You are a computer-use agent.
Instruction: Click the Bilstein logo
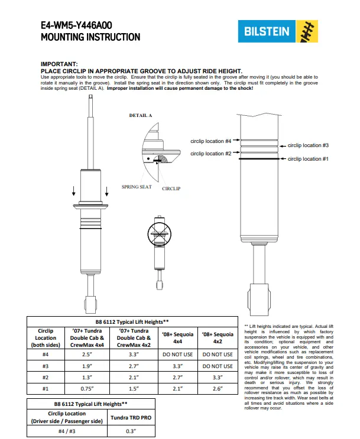[x=278, y=31]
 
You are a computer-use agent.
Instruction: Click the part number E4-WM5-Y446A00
[x=76, y=25]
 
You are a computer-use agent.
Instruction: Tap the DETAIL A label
[x=140, y=115]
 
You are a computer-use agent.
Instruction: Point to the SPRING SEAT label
[x=137, y=187]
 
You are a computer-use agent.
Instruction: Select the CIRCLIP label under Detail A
[x=171, y=188]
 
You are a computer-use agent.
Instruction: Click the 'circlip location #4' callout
[x=210, y=141]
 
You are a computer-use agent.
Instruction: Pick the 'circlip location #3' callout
[x=308, y=145]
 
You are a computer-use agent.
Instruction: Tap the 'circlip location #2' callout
[x=210, y=154]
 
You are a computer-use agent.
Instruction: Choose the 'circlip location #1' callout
[x=308, y=159]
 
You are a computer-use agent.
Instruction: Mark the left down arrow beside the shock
[x=74, y=191]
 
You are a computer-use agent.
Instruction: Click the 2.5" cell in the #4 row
[x=87, y=355]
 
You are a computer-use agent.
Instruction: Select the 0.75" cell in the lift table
[x=87, y=389]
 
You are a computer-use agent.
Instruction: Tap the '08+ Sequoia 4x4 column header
[x=177, y=337]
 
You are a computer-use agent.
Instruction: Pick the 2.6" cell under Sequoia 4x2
[x=218, y=389]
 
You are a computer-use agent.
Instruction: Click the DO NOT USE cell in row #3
[x=218, y=366]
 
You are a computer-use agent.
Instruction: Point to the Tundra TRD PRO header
[x=131, y=418]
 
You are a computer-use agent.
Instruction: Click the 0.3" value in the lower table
[x=131, y=431]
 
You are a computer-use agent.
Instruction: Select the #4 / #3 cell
[x=67, y=431]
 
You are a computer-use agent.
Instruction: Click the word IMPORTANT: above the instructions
[x=59, y=64]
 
